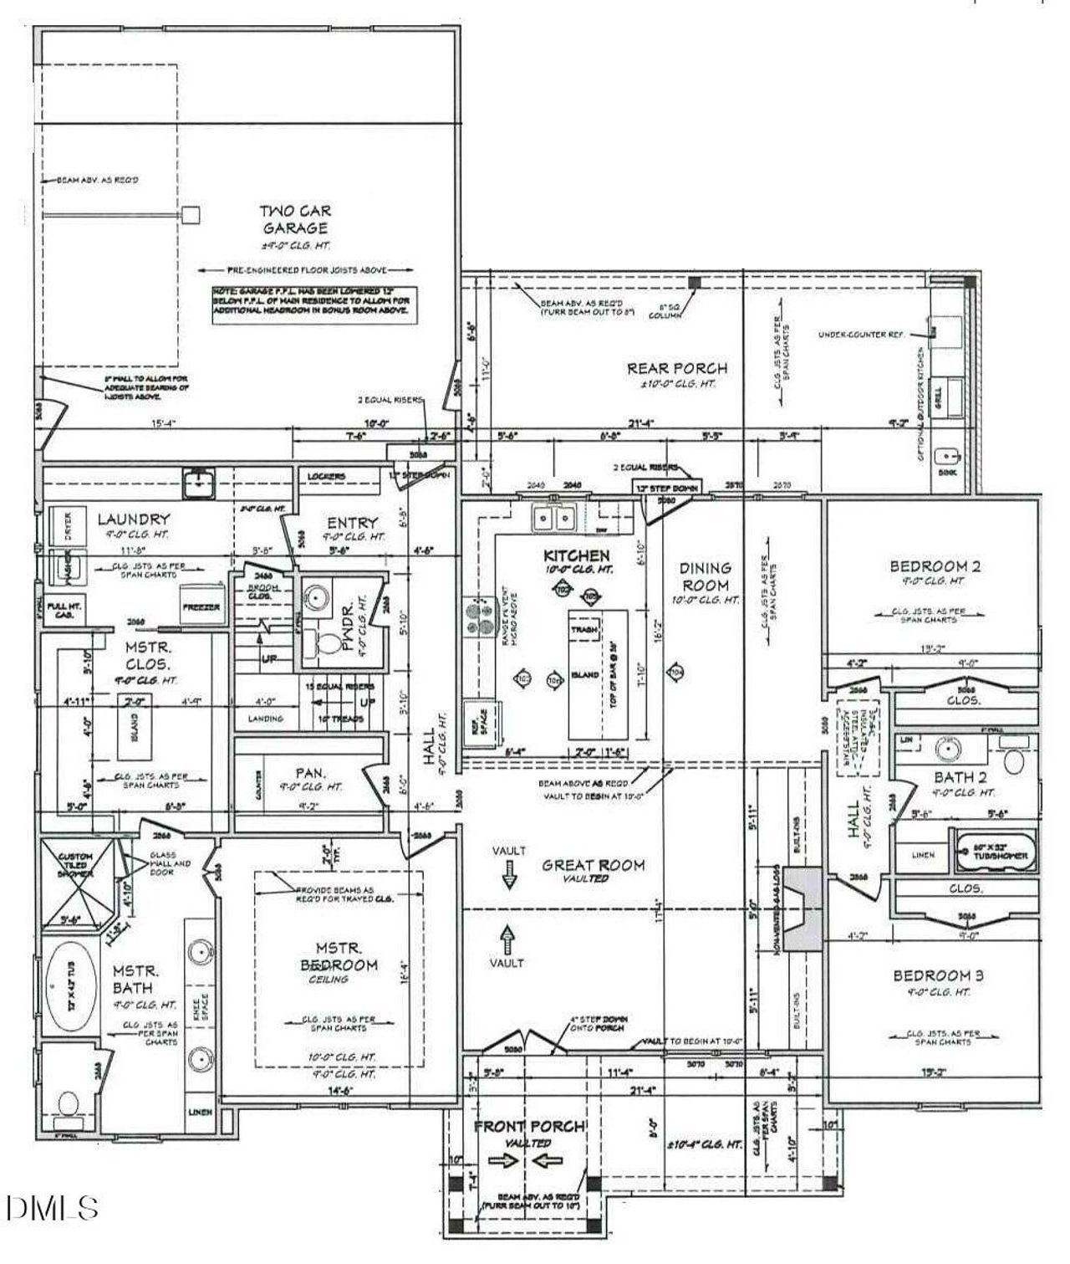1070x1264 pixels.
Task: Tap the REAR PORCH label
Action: click(677, 368)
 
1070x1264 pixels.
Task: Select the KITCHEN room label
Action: click(577, 555)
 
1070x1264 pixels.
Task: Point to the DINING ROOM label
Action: click(706, 576)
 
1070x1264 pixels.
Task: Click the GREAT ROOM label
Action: click(594, 865)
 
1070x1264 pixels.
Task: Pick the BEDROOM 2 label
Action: click(935, 566)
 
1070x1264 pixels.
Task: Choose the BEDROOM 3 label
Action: click(938, 975)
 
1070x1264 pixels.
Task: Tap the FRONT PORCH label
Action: click(529, 1127)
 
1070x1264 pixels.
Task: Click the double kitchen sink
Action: click(553, 519)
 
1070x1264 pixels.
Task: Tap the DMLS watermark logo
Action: click(52, 1207)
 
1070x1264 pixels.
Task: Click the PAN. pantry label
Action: click(310, 774)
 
